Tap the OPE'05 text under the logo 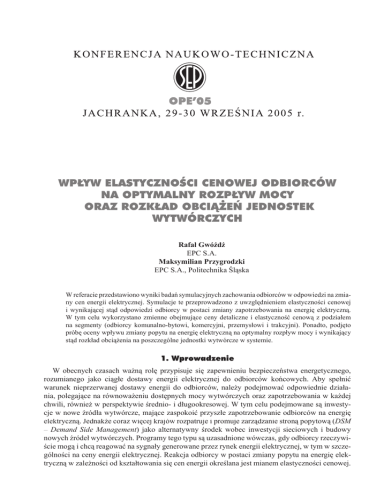click(191, 101)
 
